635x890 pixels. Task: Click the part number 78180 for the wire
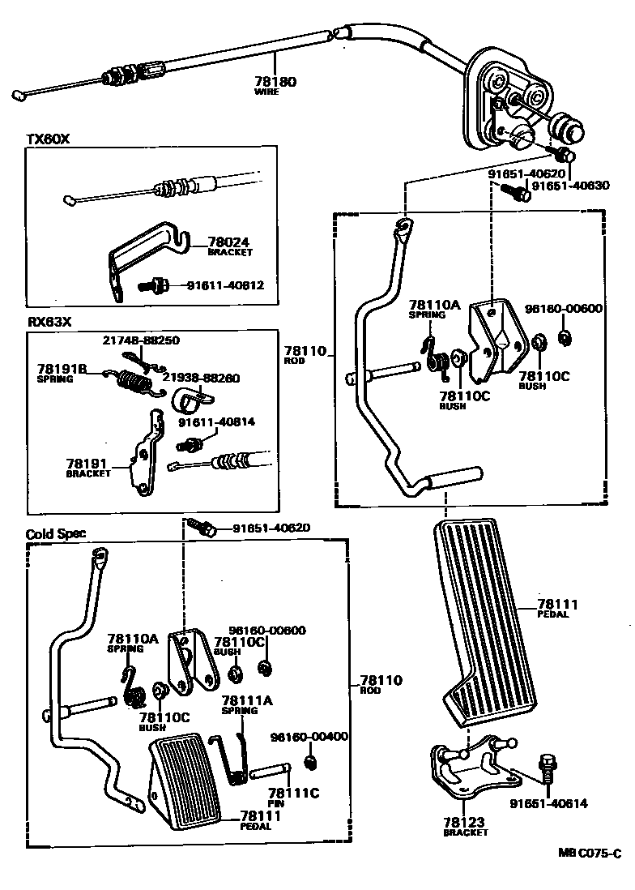(x=275, y=81)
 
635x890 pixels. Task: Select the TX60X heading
(x=48, y=139)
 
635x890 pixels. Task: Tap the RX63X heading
(x=49, y=321)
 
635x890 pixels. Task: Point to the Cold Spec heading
(x=56, y=534)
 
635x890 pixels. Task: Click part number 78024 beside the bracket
(x=229, y=242)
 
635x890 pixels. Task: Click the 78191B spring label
(x=62, y=368)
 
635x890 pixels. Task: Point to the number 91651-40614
(x=548, y=803)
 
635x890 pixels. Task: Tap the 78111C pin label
(x=292, y=792)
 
